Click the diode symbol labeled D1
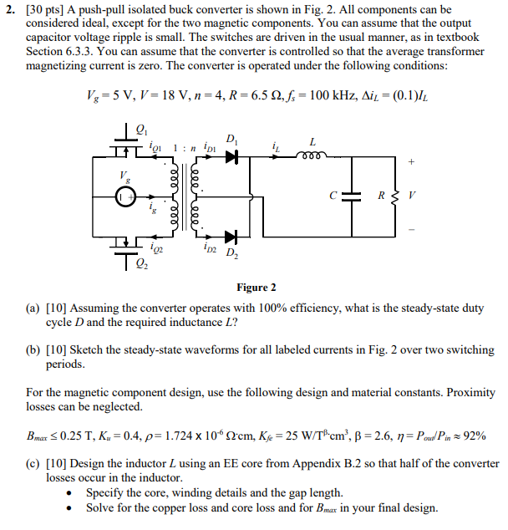coord(231,155)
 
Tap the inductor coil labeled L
coord(312,154)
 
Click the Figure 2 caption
coord(257,287)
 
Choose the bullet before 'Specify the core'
coord(74,493)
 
